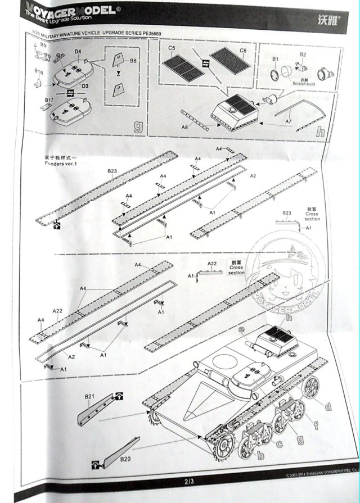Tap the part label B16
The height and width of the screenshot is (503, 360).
tap(38, 72)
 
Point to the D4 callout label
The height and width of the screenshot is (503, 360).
tap(78, 52)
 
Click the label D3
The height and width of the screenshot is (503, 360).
tap(85, 86)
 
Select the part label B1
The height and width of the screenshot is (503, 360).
tap(276, 58)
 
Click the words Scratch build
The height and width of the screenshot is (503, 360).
tap(305, 83)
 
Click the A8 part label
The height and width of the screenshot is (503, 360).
tap(184, 128)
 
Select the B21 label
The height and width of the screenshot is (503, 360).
tap(89, 397)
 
